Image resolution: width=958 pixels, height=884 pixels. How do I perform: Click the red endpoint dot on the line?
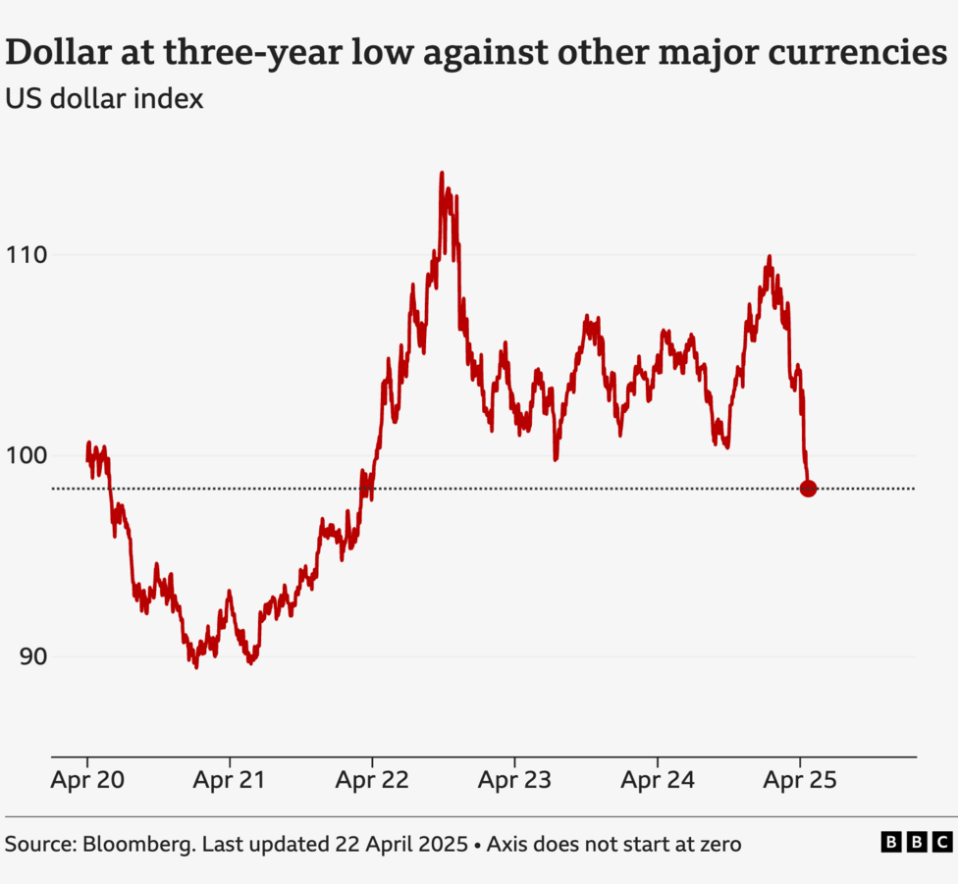[808, 489]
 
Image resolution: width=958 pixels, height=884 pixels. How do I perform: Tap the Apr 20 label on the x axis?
[86, 781]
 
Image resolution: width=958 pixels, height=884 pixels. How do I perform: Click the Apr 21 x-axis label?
[229, 781]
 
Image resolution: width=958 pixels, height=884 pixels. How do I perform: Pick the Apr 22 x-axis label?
[372, 781]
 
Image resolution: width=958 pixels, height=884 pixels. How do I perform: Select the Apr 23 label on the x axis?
[514, 781]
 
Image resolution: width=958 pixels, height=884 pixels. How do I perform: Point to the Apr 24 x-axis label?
[657, 781]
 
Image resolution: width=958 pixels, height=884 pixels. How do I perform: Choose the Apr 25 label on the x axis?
[800, 781]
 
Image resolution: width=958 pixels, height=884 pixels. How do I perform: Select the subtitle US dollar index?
[104, 99]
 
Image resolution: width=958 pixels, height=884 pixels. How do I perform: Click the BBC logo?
[916, 842]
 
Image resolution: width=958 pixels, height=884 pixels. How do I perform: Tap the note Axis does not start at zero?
[613, 843]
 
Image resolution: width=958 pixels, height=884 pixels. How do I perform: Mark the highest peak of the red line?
[442, 174]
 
